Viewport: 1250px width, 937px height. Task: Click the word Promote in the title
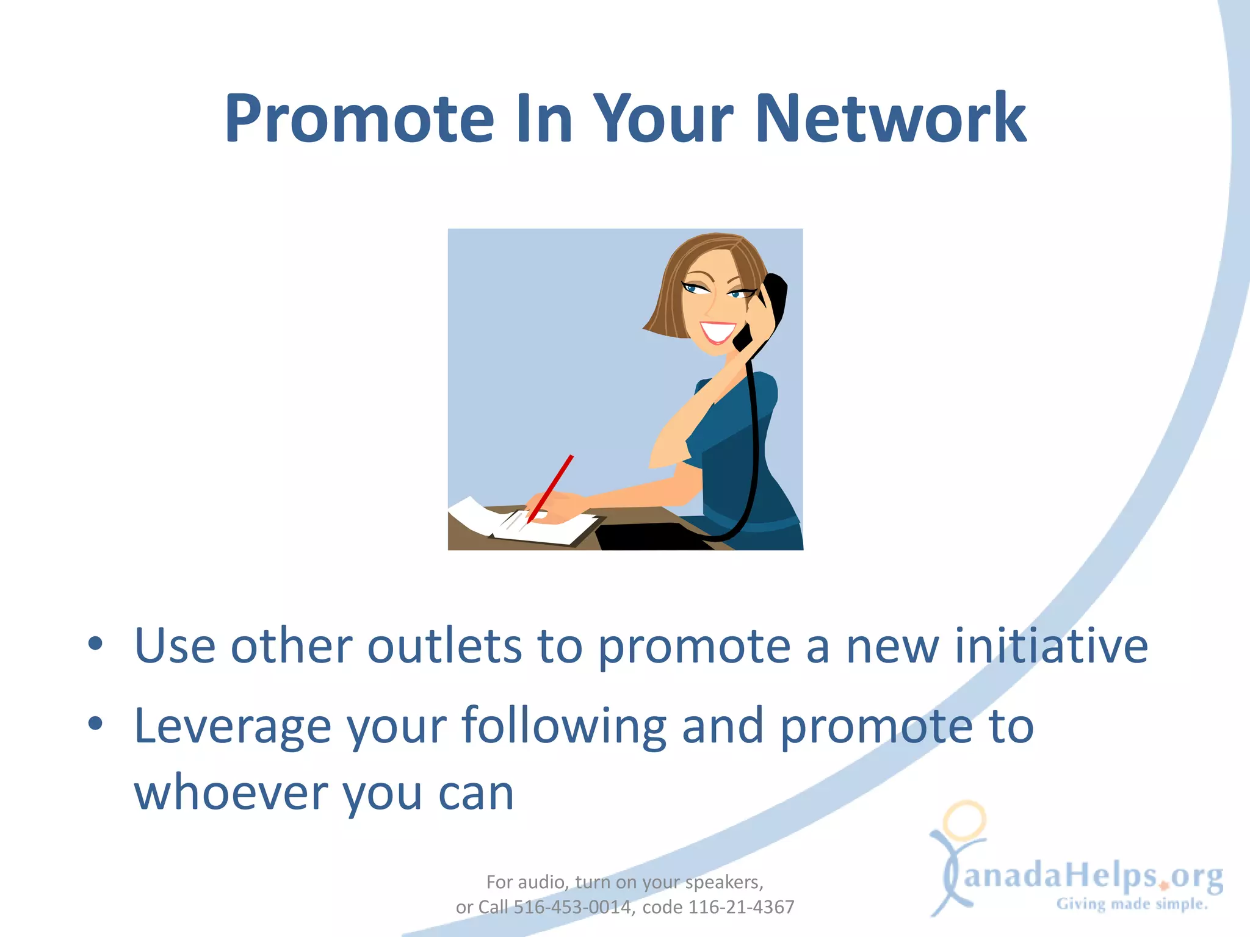click(x=359, y=118)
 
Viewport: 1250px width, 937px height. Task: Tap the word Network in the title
click(x=891, y=118)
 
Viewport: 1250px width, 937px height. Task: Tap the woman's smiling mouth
click(x=718, y=331)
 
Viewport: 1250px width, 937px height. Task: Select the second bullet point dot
click(x=95, y=723)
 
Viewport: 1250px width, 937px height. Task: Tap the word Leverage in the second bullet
click(x=232, y=726)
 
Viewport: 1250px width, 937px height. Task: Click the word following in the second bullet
click(x=563, y=726)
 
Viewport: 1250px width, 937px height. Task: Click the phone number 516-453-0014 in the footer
click(x=572, y=907)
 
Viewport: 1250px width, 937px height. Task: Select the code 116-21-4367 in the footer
click(x=741, y=907)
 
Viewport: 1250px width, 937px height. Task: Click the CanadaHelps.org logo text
click(x=1093, y=876)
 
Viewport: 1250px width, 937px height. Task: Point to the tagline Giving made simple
click(x=1132, y=904)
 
